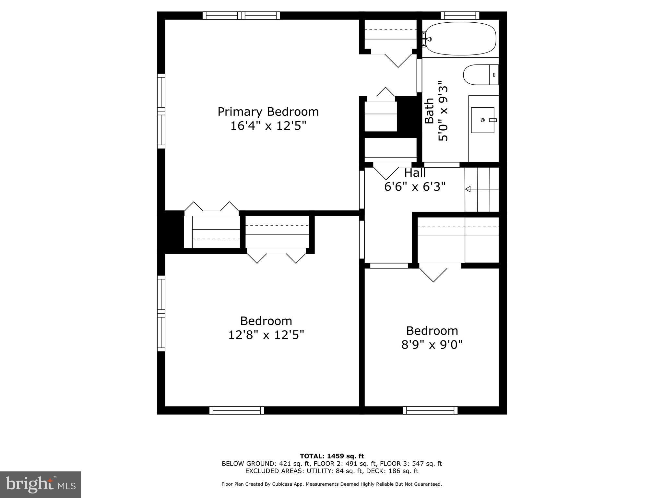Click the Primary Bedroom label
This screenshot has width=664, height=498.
pyautogui.click(x=268, y=112)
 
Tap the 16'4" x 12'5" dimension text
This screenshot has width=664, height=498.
pyautogui.click(x=268, y=126)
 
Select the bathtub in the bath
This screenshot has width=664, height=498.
pyautogui.click(x=460, y=39)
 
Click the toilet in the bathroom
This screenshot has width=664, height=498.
pyautogui.click(x=481, y=75)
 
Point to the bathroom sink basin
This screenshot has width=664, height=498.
pyautogui.click(x=482, y=120)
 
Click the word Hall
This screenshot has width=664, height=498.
pyautogui.click(x=415, y=173)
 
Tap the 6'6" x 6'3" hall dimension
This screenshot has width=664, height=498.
pyautogui.click(x=415, y=187)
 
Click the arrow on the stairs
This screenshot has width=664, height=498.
pyautogui.click(x=482, y=189)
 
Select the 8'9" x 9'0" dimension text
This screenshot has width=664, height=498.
pyautogui.click(x=432, y=345)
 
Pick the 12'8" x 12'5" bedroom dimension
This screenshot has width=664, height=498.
pyautogui.click(x=266, y=335)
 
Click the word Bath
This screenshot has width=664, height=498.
pyautogui.click(x=429, y=111)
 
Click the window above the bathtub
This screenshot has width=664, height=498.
pyautogui.click(x=460, y=16)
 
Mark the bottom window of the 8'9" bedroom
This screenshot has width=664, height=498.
pyautogui.click(x=430, y=410)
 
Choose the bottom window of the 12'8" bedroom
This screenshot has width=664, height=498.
pyautogui.click(x=237, y=410)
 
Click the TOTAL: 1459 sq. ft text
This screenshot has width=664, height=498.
pyautogui.click(x=332, y=456)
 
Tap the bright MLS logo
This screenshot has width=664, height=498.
pyautogui.click(x=41, y=485)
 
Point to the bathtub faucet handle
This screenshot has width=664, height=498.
pyautogui.click(x=429, y=39)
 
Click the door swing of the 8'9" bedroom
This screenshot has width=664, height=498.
pyautogui.click(x=433, y=272)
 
